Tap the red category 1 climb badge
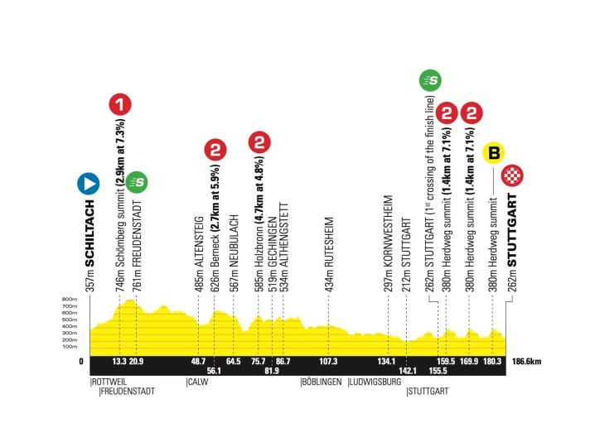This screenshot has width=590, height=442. (120, 105)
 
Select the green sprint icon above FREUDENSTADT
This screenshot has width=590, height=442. (138, 181)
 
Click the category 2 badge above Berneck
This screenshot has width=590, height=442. (215, 151)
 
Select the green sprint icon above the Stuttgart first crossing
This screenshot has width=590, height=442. (430, 80)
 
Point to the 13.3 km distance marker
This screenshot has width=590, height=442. (119, 361)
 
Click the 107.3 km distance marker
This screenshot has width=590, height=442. (328, 361)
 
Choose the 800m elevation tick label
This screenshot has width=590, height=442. (69, 300)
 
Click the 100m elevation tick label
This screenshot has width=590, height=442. (69, 347)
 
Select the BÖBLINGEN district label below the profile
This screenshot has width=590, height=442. (321, 382)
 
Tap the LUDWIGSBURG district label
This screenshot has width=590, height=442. (374, 382)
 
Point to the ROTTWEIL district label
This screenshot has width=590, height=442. (107, 382)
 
